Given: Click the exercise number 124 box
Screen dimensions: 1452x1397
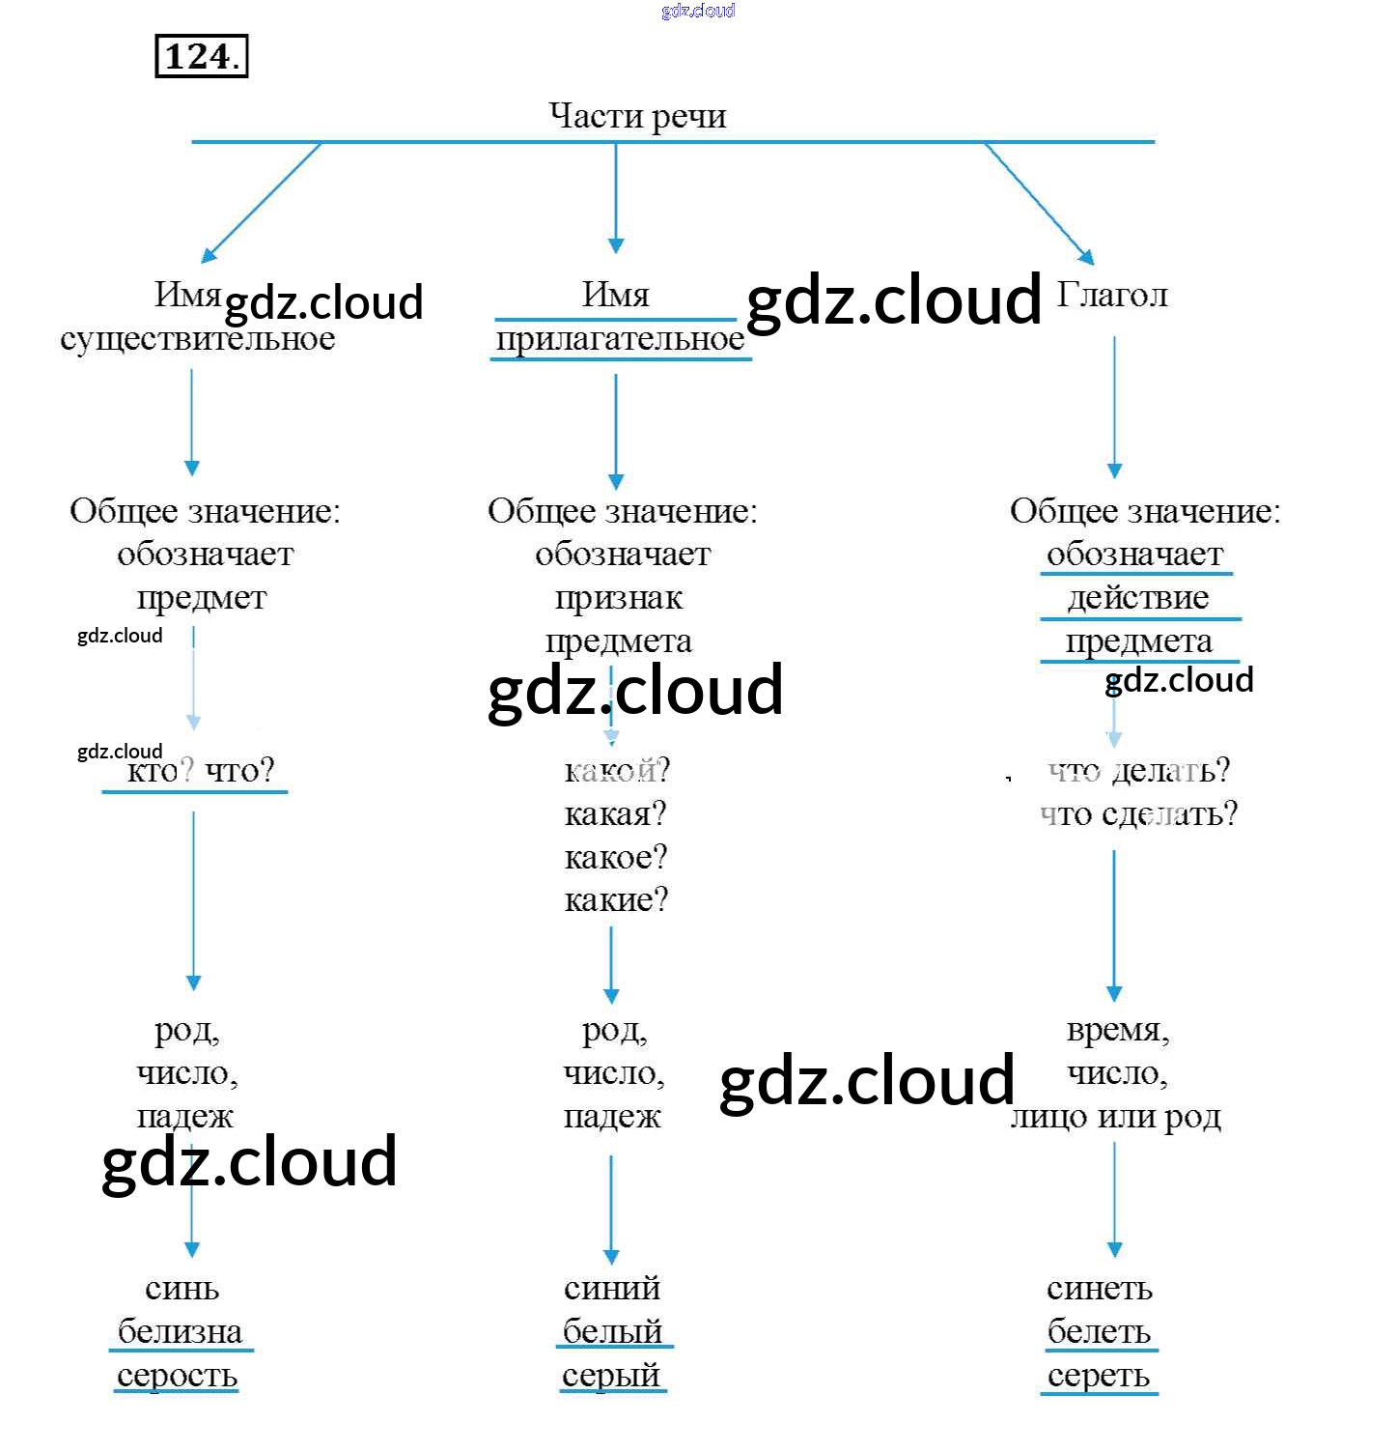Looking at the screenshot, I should [201, 56].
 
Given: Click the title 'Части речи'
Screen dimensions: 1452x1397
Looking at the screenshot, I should [637, 116].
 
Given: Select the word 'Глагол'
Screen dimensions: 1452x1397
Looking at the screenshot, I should [1112, 295].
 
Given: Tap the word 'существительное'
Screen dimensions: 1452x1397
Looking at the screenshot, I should [198, 339].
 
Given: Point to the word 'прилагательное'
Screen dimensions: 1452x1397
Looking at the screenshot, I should [620, 339].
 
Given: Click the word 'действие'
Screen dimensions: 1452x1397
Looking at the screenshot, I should [1137, 598].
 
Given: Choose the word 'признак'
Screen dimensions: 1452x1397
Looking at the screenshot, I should [619, 598].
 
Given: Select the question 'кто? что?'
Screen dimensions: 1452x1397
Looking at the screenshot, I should [201, 770].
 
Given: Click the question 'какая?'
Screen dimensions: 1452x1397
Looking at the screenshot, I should [615, 813].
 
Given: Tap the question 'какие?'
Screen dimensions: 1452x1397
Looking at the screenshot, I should [616, 899].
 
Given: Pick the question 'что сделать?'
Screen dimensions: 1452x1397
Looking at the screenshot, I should [1138, 813].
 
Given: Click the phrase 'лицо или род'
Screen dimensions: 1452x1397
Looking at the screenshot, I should [1116, 1117].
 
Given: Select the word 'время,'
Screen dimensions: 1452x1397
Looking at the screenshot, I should [1118, 1030].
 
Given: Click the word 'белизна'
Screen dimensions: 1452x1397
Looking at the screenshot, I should [181, 1331].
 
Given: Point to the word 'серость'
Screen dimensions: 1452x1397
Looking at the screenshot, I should [178, 1375].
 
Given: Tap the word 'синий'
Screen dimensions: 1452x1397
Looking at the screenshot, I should [612, 1288].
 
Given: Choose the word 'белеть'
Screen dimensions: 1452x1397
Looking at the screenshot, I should [1099, 1331].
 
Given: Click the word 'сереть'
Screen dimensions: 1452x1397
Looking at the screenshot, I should [1099, 1375].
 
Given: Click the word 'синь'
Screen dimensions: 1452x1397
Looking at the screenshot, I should [182, 1288].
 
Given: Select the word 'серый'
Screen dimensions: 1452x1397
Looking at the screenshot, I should [612, 1375].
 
